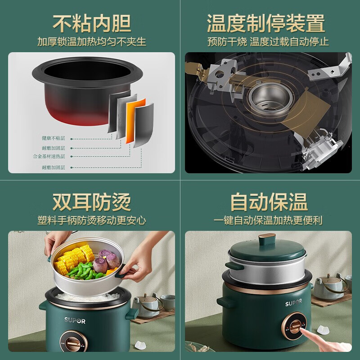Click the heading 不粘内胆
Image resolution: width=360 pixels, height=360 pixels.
coord(92,22)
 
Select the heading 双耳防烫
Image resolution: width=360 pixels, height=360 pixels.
coord(92,202)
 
